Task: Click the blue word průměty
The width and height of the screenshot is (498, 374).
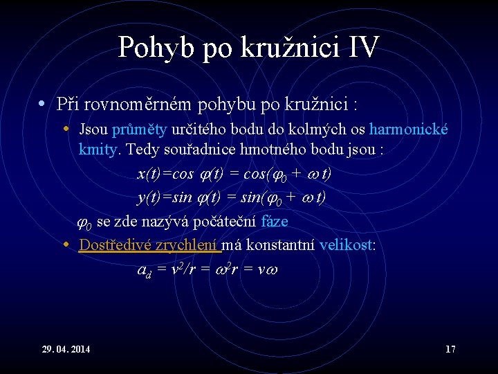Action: pos(136,129)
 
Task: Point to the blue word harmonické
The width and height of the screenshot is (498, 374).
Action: pos(409,129)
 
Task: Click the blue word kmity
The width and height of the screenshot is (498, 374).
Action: pos(100,148)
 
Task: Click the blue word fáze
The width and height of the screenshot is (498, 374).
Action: pos(274,222)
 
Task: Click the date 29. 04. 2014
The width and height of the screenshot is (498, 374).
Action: pos(66,349)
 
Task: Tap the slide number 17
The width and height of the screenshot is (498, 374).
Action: pos(450,349)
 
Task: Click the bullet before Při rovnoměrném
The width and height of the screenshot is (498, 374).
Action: pos(42,105)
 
